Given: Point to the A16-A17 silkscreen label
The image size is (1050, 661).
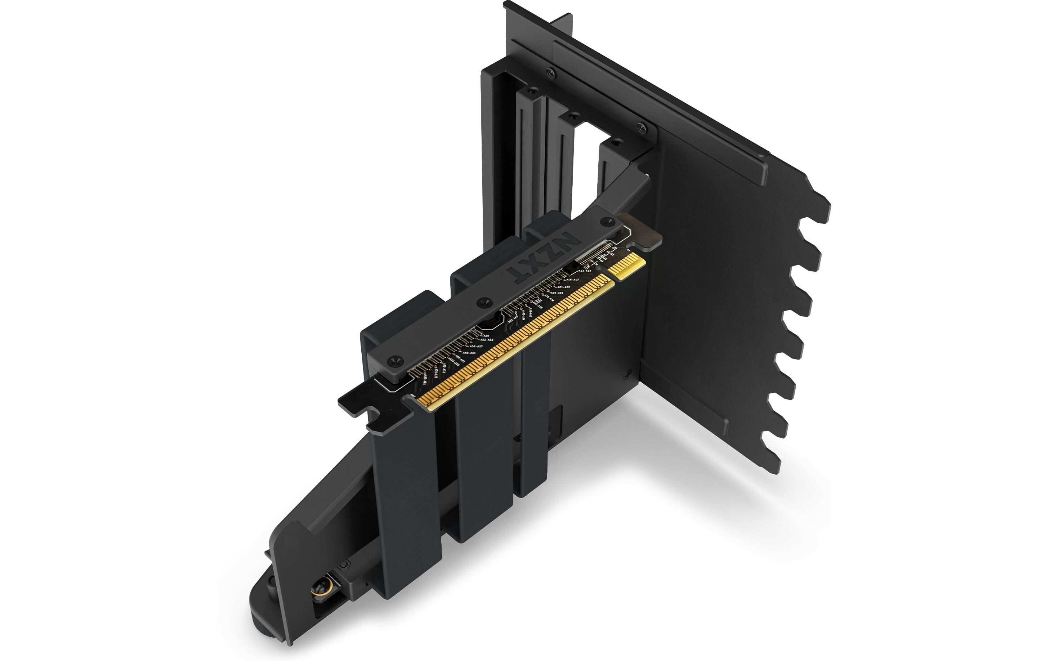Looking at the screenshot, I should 572,280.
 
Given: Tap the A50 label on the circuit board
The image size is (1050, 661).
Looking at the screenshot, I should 486,336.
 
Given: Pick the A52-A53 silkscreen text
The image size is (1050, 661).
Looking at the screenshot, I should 487,340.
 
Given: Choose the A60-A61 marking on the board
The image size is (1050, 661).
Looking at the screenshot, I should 469,353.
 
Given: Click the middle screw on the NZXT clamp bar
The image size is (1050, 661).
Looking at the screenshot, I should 482,301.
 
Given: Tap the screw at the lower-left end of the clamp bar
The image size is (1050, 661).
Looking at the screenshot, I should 396,361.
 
